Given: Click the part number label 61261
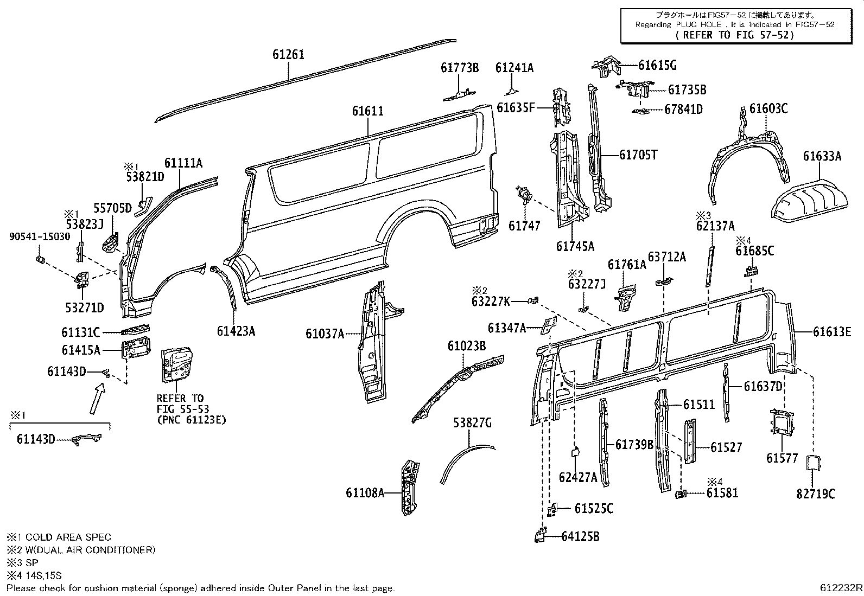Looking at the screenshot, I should click(288, 55).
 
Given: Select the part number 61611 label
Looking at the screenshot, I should click(367, 111).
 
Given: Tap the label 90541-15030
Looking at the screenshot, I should click(40, 237).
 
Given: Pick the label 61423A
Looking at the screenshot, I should click(236, 331).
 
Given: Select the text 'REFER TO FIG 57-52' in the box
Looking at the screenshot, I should click(735, 35).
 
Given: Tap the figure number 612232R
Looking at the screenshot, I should click(841, 587).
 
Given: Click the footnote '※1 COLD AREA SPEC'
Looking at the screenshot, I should click(59, 537).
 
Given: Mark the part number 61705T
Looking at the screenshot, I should click(638, 155).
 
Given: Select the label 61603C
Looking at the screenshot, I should click(768, 108).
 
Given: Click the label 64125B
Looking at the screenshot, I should click(580, 537).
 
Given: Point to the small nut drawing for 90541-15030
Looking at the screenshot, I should click(39, 260).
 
